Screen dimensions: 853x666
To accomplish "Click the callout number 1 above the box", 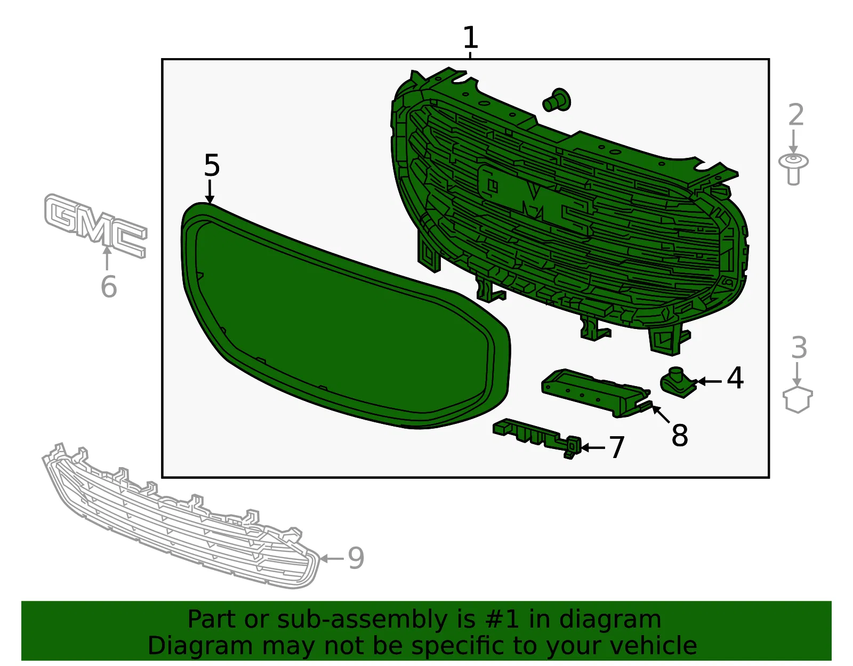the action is pos(470,37).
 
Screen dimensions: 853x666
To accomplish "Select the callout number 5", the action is pos(212,165).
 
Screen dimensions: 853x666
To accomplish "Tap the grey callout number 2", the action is pos(795,115).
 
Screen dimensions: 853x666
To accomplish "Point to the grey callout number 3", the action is pos(799,347).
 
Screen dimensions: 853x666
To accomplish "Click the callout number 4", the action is pos(735,378).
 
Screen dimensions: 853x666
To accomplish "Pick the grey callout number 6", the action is pos(109,286).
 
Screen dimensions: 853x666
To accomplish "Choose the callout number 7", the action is pos(616,447).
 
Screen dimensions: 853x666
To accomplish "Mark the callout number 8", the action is pos(680,435).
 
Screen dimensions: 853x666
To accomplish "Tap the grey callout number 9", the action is pos(356,558).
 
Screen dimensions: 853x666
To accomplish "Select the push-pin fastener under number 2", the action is pos(793,169).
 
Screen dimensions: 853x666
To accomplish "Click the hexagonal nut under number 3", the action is pos(797,399).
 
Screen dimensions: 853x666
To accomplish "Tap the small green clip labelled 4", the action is pos(678,382).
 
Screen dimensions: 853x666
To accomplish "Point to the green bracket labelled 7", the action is pos(537,437).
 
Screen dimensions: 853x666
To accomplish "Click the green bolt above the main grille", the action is pos(557,100).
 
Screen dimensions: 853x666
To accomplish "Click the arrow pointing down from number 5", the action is pos(210,192).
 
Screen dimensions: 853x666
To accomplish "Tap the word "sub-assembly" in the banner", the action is pos(363,619).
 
